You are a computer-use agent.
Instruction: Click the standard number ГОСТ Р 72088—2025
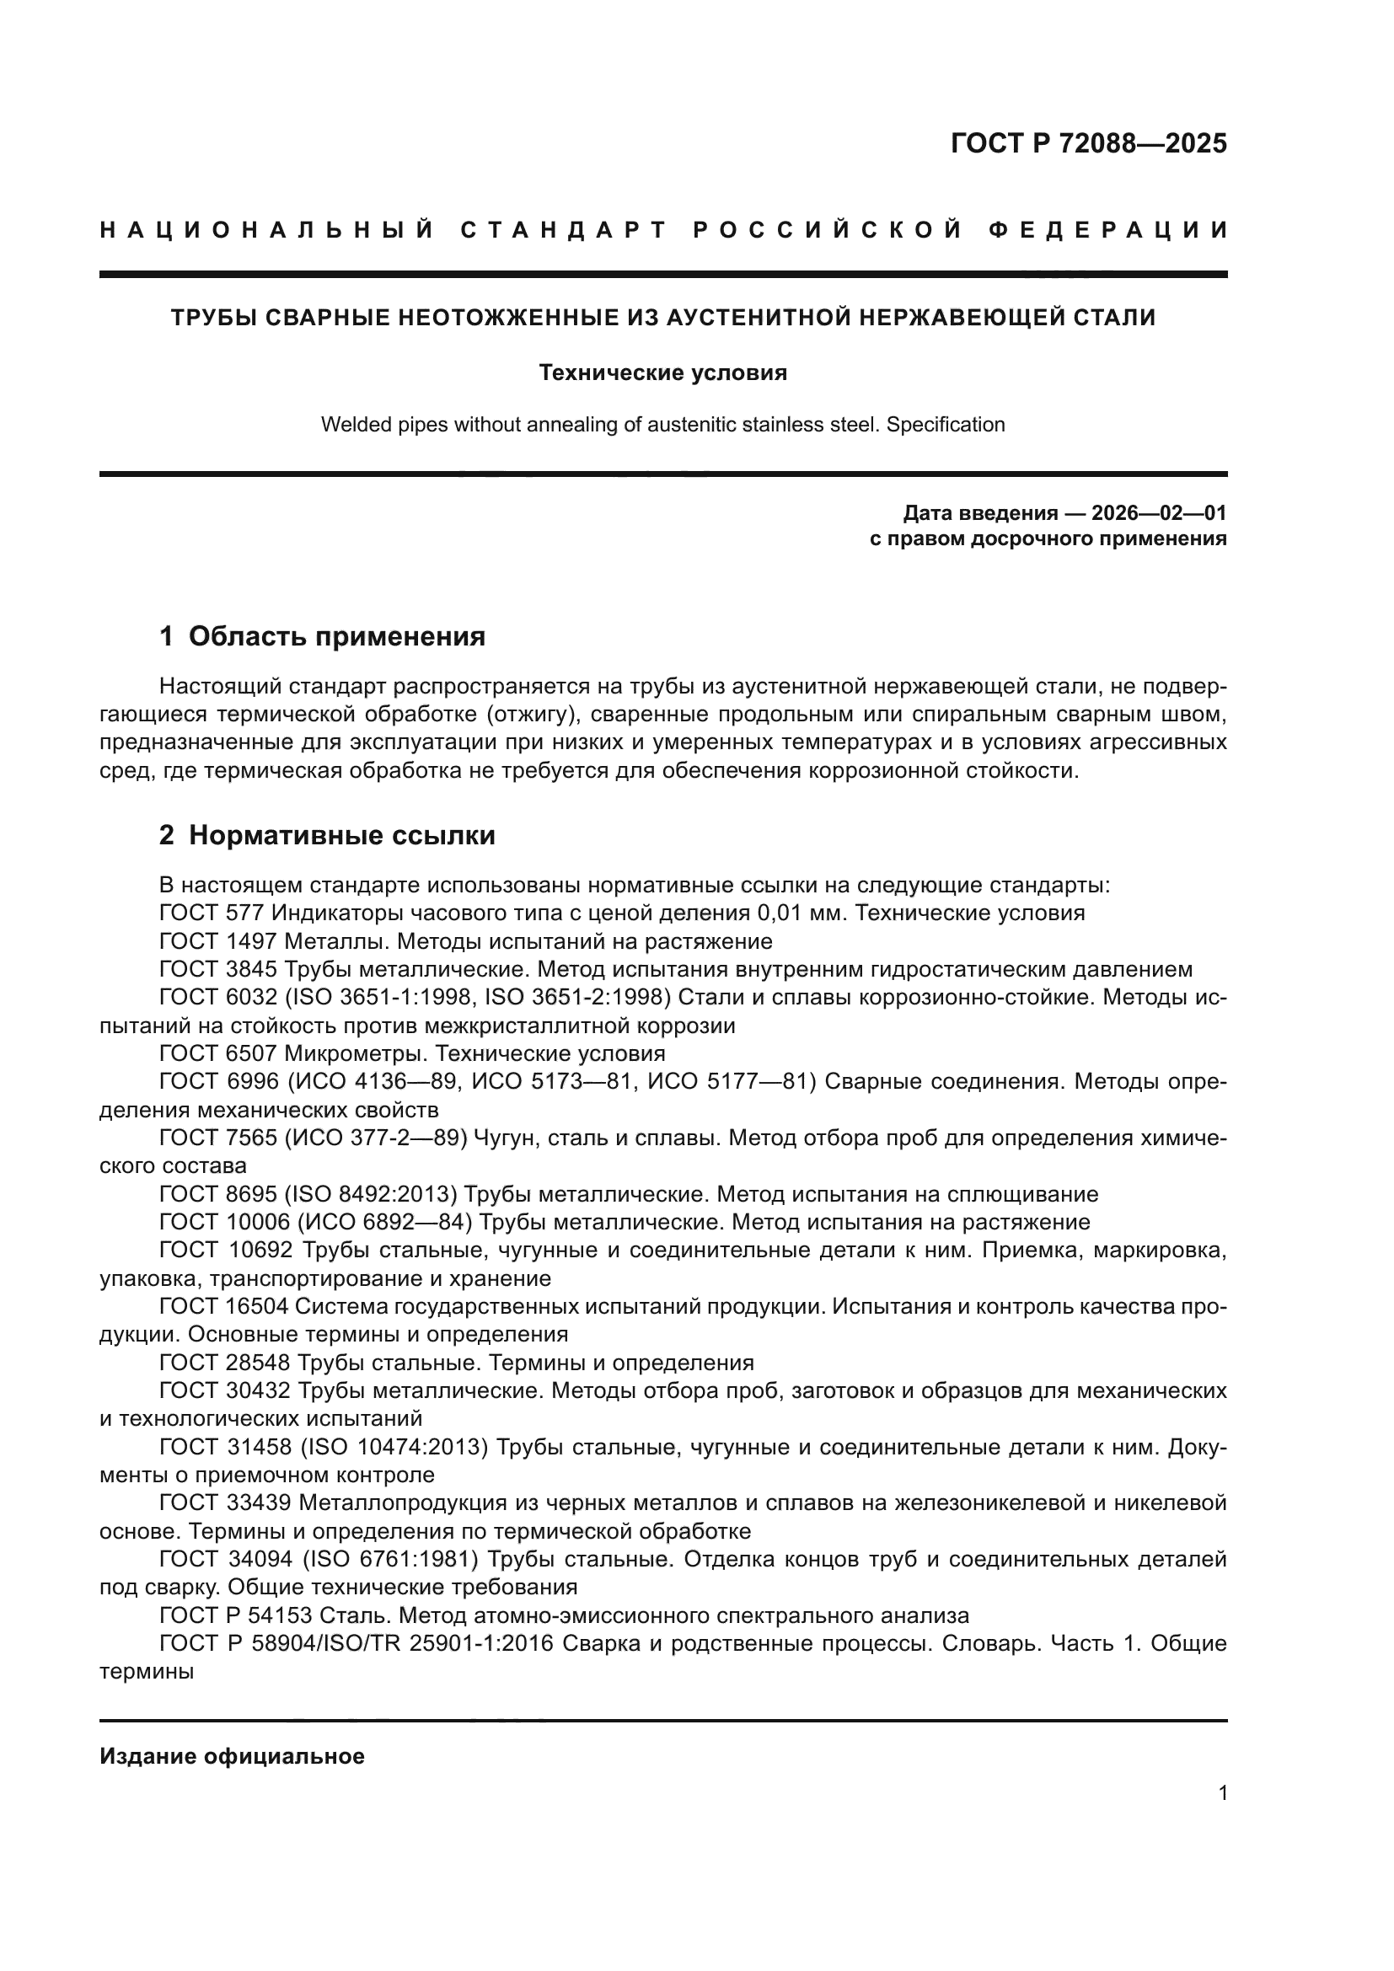pos(1087,143)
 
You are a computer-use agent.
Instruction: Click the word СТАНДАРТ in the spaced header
pos(563,230)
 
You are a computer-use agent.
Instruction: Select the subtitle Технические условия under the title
pos(662,372)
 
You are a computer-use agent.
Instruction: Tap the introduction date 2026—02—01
pos(1158,513)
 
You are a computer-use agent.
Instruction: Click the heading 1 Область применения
pos(322,636)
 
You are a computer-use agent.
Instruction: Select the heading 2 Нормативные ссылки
pos(327,835)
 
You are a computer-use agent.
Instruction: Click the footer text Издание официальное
pos(232,1756)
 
